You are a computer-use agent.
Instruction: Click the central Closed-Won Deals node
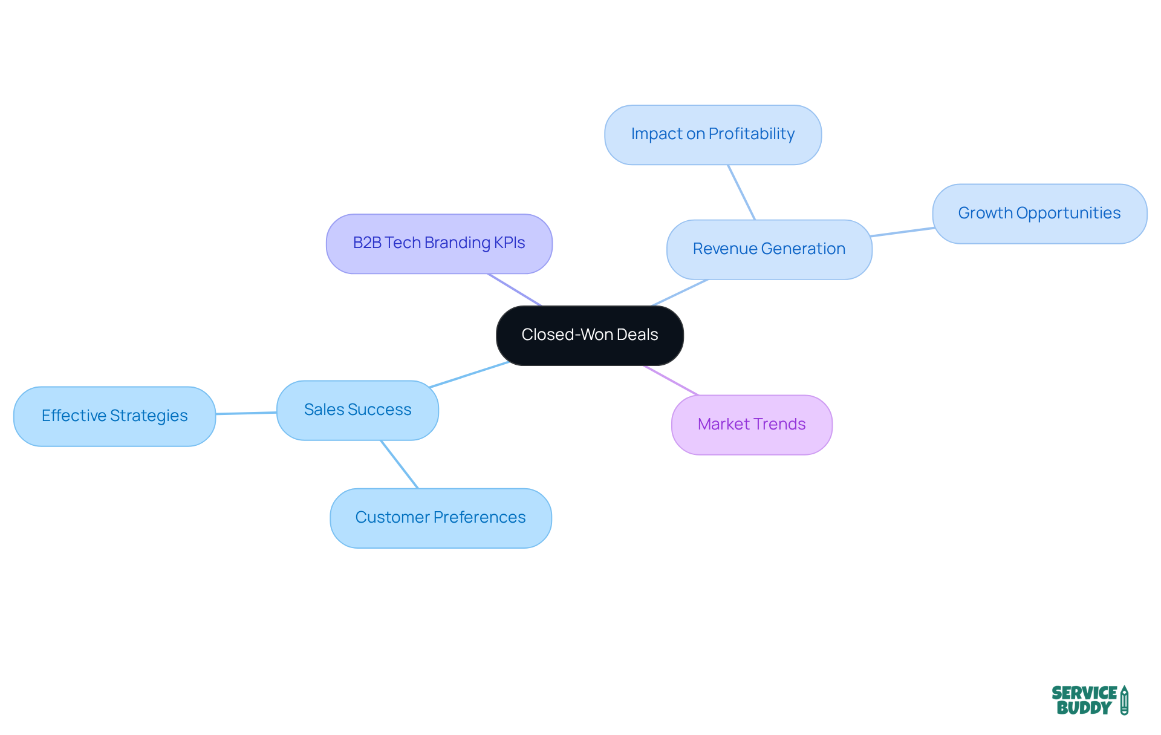click(x=590, y=335)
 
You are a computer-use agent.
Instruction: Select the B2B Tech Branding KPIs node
click(x=439, y=243)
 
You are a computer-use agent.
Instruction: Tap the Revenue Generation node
click(x=769, y=249)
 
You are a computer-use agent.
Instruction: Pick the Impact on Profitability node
click(x=712, y=134)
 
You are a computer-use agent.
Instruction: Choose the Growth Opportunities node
click(x=1039, y=214)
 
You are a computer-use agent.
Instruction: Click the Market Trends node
click(x=751, y=425)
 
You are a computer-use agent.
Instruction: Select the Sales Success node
click(x=357, y=410)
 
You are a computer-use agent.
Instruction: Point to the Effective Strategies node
click(x=114, y=416)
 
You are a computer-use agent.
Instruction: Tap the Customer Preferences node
click(x=440, y=518)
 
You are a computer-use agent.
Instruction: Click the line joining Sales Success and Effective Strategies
click(x=246, y=413)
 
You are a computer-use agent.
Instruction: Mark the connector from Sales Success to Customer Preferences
click(x=399, y=464)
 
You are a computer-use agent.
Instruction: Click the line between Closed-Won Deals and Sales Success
click(x=469, y=374)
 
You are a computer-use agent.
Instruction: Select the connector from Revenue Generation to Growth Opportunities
click(x=902, y=232)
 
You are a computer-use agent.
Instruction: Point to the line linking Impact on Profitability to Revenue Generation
click(x=741, y=192)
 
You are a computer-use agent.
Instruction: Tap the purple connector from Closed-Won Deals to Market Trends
click(x=671, y=381)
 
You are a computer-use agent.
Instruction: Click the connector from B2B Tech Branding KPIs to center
click(x=515, y=290)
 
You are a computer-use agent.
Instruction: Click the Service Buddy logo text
click(x=1084, y=701)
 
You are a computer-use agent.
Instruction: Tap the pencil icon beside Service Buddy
click(x=1124, y=700)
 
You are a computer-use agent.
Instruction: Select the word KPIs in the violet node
click(x=509, y=243)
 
